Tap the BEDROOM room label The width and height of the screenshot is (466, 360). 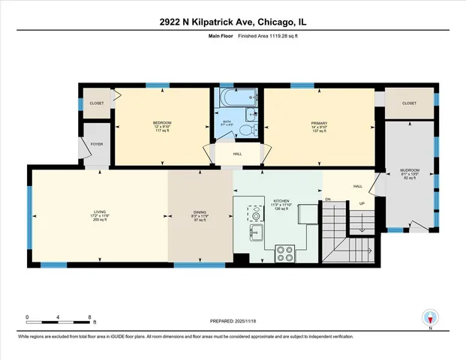[x=163, y=123]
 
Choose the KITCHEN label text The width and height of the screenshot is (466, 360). [x=281, y=201]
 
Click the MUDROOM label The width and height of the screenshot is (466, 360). [x=410, y=169]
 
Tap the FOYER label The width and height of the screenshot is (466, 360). [x=97, y=143]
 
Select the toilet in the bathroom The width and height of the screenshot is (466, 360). [x=247, y=130]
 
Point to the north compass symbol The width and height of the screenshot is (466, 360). [x=430, y=318]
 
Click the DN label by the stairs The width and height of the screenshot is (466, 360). [x=327, y=199]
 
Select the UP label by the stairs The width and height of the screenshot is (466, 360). [x=362, y=202]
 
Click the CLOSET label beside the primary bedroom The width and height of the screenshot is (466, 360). [x=410, y=103]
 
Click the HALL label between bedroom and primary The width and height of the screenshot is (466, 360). [x=236, y=154]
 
